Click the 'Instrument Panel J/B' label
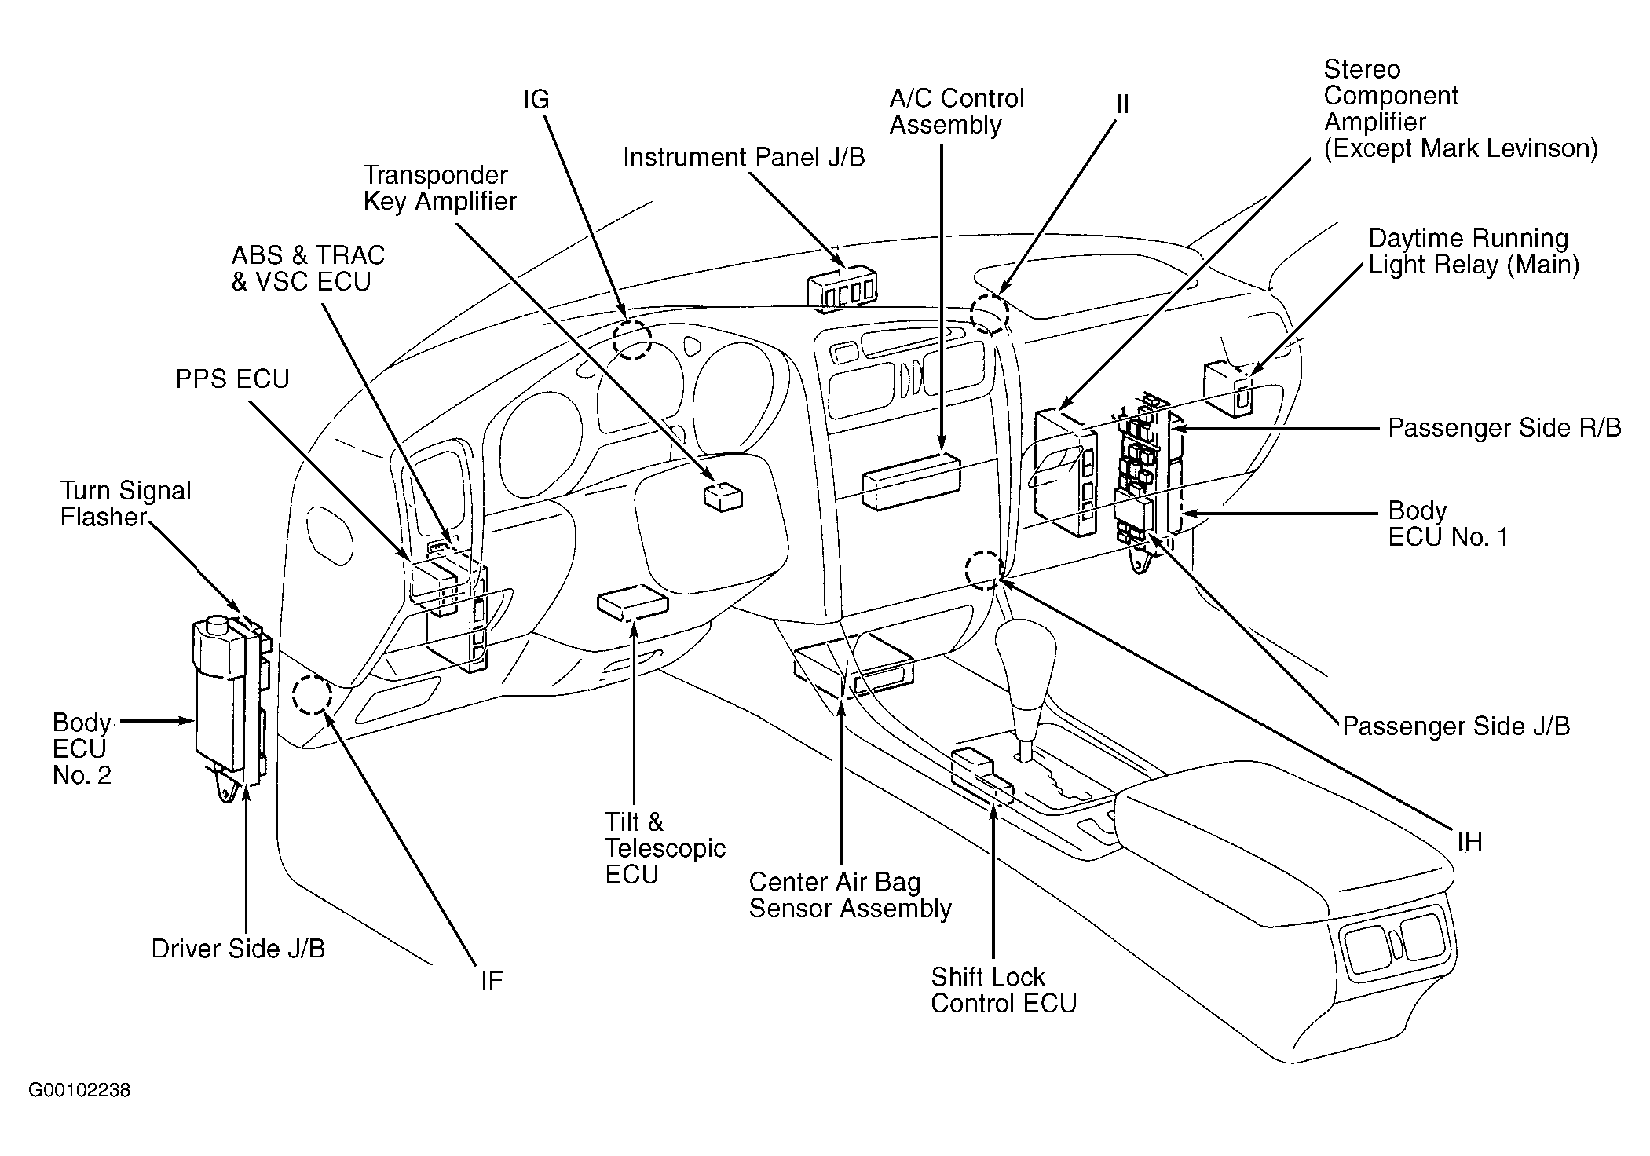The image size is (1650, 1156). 744,158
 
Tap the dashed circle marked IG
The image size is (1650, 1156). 631,339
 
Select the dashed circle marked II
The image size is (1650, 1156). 989,314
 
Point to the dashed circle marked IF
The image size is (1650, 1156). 312,694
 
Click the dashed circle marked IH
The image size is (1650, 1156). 985,570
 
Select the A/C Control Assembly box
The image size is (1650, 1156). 912,481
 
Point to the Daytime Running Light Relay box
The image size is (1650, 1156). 1228,389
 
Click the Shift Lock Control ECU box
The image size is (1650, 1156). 982,776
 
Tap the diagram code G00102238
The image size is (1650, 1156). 79,1091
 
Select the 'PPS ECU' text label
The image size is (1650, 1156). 232,379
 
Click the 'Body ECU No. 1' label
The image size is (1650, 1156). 1448,524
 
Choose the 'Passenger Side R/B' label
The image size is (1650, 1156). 1505,428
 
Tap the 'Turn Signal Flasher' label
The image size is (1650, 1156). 126,504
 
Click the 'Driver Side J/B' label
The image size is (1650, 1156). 238,949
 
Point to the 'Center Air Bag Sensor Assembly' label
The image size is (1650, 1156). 850,895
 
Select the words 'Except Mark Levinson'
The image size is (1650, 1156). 1461,148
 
